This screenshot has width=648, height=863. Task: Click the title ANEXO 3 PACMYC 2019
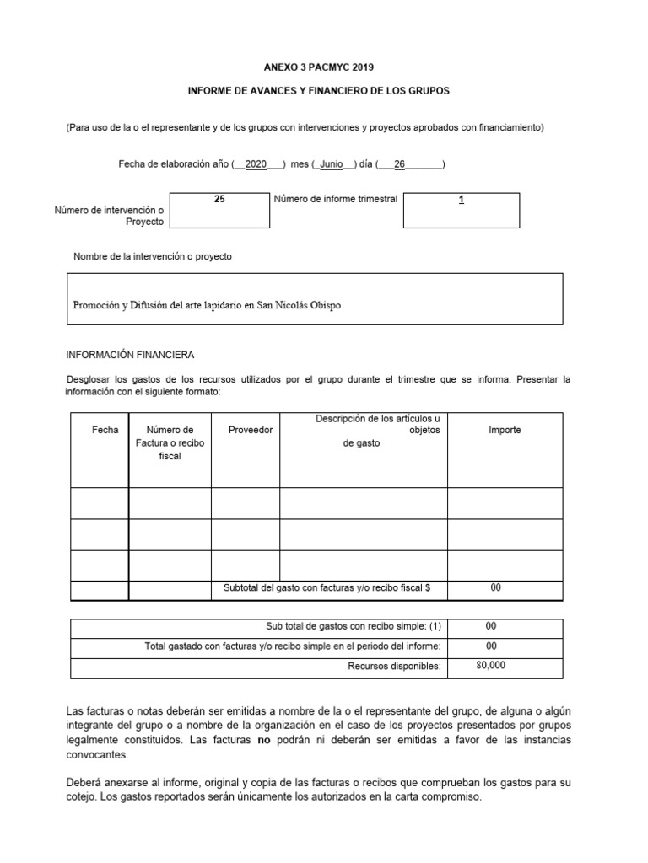pos(323,67)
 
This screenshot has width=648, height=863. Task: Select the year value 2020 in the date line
pos(255,164)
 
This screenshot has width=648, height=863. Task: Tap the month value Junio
pos(332,164)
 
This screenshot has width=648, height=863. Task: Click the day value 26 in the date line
pos(400,164)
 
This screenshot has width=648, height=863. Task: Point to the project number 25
pos(219,200)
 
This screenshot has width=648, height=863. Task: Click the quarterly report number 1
pos(462,200)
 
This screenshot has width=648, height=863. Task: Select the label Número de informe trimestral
pos(335,200)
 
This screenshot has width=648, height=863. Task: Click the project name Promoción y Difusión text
pos(207,305)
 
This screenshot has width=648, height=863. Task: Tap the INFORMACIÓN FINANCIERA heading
pos(130,355)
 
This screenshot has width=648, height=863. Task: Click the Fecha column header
pos(105,430)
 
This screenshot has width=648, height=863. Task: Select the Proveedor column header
pos(251,430)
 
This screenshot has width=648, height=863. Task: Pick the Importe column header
pos(505,430)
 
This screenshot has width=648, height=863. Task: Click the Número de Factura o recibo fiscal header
pos(170,442)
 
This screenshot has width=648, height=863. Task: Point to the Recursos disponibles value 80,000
pos(491,665)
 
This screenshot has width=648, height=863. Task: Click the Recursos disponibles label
pos(394,667)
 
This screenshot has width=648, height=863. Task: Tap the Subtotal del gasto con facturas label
pos(326,588)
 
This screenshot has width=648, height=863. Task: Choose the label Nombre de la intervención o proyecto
pos(153,256)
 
